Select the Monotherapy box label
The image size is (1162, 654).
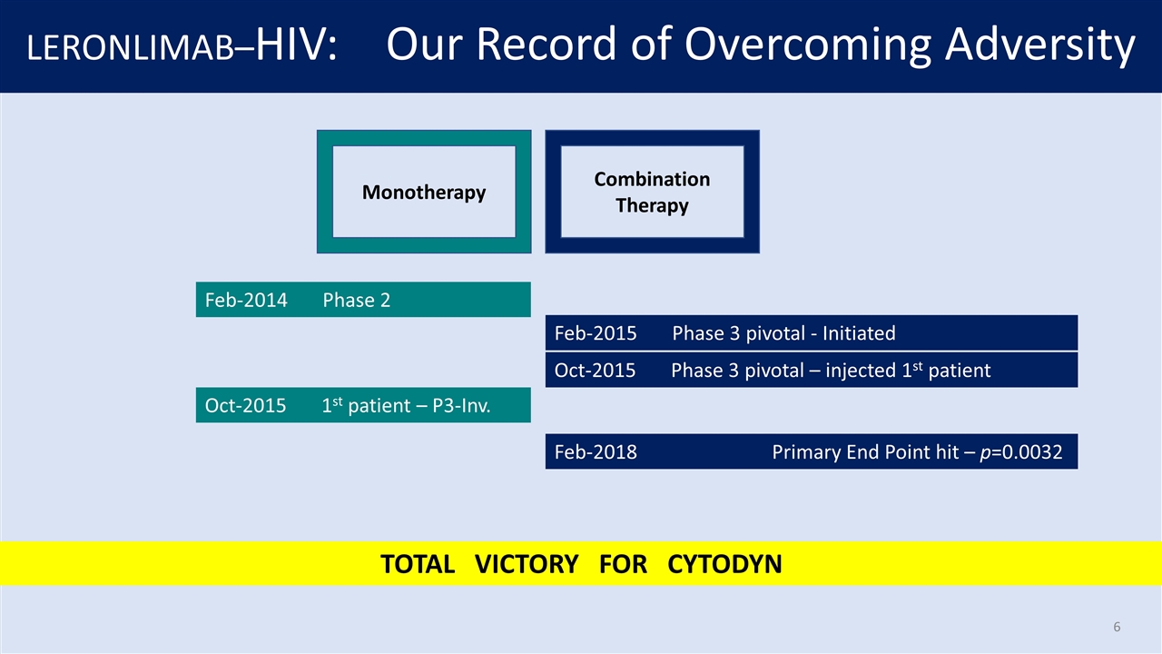[424, 192]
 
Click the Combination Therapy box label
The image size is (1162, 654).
[652, 192]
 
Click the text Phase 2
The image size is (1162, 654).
[357, 300]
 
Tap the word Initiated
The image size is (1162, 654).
[858, 333]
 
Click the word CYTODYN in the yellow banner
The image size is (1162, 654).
[724, 564]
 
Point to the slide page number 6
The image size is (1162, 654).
[1117, 627]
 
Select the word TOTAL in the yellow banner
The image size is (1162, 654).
[417, 564]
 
